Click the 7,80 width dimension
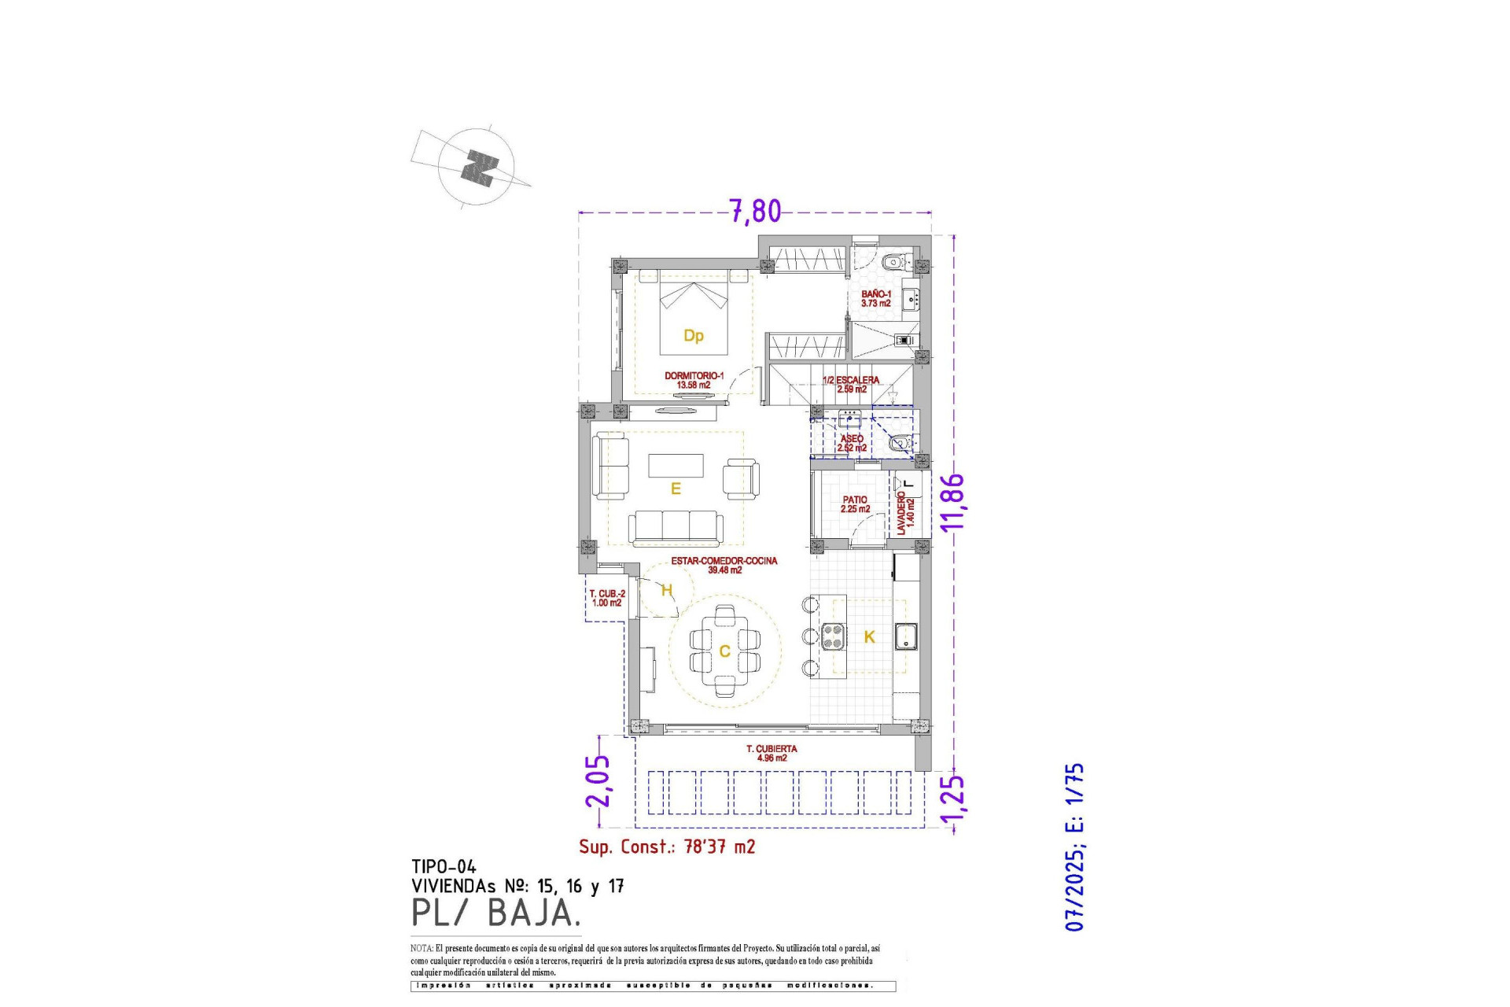pyautogui.click(x=755, y=211)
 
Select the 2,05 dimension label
pyautogui.click(x=597, y=780)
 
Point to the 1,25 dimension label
pyautogui.click(x=952, y=803)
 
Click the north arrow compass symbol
pyautogui.click(x=477, y=168)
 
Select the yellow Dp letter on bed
pyautogui.click(x=693, y=336)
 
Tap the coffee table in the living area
pyautogui.click(x=676, y=465)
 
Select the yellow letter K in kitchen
pyautogui.click(x=869, y=637)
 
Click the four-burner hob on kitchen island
pyautogui.click(x=833, y=636)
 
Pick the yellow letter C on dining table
pyautogui.click(x=724, y=651)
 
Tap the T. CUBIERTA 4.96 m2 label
pyautogui.click(x=772, y=754)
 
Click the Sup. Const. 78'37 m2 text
pyautogui.click(x=667, y=847)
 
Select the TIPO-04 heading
pyautogui.click(x=444, y=867)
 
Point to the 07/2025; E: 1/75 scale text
pyautogui.click(x=1074, y=847)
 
